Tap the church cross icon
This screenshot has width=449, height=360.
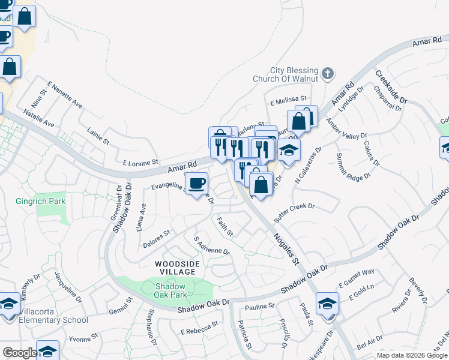tap(327, 73)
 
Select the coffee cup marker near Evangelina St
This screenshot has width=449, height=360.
tap(196, 184)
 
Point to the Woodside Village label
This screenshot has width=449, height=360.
tap(175, 268)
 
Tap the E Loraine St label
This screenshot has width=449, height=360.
tap(140, 162)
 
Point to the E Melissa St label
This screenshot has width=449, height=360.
tap(288, 98)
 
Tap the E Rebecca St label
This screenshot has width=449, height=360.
tap(198, 330)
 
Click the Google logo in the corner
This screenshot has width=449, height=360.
tap(19, 353)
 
